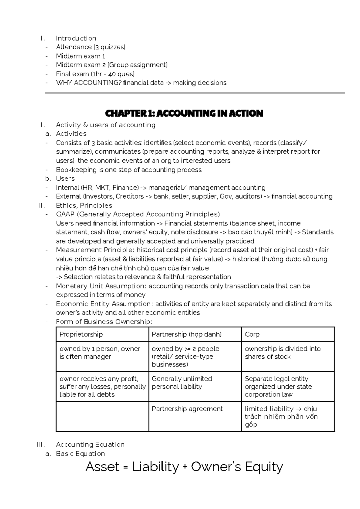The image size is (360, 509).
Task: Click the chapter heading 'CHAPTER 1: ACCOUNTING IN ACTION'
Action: pyautogui.click(x=184, y=113)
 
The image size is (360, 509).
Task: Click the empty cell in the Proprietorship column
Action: pyautogui.click(x=102, y=417)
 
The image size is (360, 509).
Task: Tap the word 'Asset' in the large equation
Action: pyautogui.click(x=102, y=467)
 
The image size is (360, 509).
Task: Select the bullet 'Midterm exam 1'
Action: pyautogui.click(x=80, y=56)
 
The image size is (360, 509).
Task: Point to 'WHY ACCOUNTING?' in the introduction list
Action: pyautogui.click(x=88, y=83)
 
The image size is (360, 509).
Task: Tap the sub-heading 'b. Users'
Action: pyautogui.click(x=65, y=179)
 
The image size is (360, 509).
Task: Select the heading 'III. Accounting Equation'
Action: pyautogui.click(x=90, y=444)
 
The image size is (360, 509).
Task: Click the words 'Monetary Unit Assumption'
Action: pyautogui.click(x=100, y=286)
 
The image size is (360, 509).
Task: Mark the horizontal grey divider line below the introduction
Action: pyautogui.click(x=195, y=93)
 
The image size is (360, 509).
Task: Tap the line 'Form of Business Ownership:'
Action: pyautogui.click(x=104, y=322)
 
